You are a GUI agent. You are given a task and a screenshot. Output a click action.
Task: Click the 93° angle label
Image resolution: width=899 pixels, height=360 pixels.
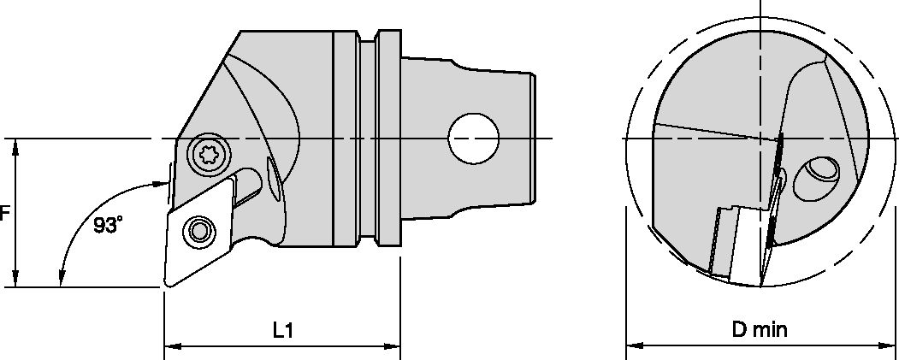pyautogui.click(x=109, y=226)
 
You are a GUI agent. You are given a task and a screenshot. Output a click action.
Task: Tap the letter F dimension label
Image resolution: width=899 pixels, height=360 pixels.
pyautogui.click(x=4, y=214)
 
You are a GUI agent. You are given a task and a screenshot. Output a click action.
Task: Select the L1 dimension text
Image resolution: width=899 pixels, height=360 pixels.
pyautogui.click(x=283, y=329)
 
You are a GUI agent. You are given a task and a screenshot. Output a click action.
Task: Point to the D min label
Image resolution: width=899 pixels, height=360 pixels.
pyautogui.click(x=760, y=329)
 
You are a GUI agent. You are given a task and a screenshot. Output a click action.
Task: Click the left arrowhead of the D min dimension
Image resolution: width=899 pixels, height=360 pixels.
pyautogui.click(x=634, y=346)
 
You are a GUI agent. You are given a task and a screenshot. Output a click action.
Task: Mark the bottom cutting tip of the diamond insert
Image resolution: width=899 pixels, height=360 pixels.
pyautogui.click(x=166, y=286)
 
